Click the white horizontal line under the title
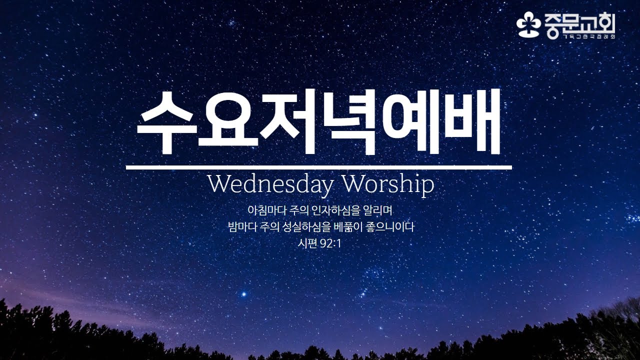(x=319, y=167)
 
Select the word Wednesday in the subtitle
(x=270, y=185)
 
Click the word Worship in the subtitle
(x=387, y=185)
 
